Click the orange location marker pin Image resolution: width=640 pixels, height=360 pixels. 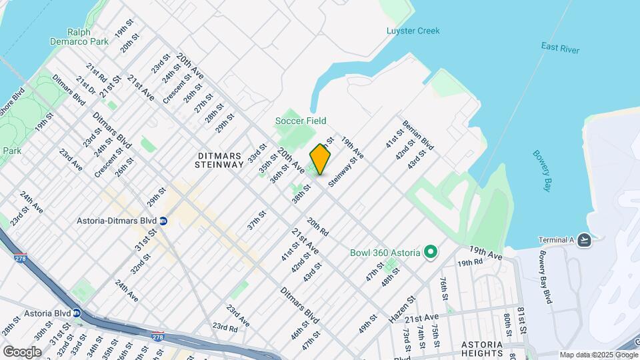[x=320, y=159]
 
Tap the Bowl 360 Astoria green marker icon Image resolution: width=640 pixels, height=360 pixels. [x=431, y=253]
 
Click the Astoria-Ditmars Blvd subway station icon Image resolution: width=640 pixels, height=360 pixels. [x=163, y=221]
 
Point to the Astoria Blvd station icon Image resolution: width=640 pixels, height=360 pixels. [x=77, y=311]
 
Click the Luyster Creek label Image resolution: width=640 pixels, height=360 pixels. [x=413, y=31]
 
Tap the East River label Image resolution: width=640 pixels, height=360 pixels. [x=560, y=47]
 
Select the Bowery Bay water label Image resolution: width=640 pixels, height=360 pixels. [x=542, y=171]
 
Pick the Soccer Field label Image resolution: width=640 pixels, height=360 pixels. [x=301, y=121]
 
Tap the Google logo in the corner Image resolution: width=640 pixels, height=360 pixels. [x=22, y=351]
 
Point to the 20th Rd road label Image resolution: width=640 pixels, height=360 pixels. [x=318, y=227]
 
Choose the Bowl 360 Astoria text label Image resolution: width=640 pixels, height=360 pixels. [x=385, y=253]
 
